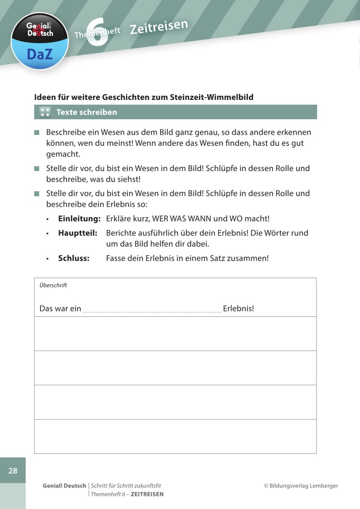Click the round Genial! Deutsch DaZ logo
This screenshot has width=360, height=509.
tap(40, 41)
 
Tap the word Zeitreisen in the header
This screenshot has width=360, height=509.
tap(158, 27)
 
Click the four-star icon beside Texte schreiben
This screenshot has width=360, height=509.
tap(45, 112)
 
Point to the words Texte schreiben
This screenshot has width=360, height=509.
tap(86, 112)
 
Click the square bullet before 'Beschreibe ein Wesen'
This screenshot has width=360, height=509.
tap(37, 133)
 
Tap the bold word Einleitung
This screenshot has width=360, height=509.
tap(79, 219)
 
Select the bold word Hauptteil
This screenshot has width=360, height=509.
tap(78, 233)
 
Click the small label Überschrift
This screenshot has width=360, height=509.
tap(53, 285)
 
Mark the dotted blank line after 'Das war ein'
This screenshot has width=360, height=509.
tap(152, 310)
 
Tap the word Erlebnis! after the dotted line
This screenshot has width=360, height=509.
tap(238, 309)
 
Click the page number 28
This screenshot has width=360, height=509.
tap(13, 471)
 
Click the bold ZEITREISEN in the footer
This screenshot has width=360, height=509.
tap(147, 494)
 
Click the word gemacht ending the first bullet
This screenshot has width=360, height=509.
tap(63, 154)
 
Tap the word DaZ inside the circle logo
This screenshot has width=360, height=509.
tap(40, 54)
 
